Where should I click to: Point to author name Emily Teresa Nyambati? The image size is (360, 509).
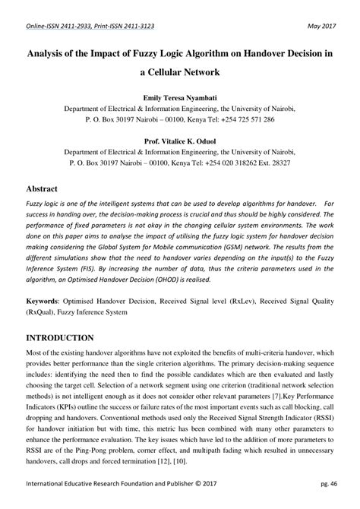coord(179,99)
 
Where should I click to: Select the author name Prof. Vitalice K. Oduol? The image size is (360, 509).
coord(179,141)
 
